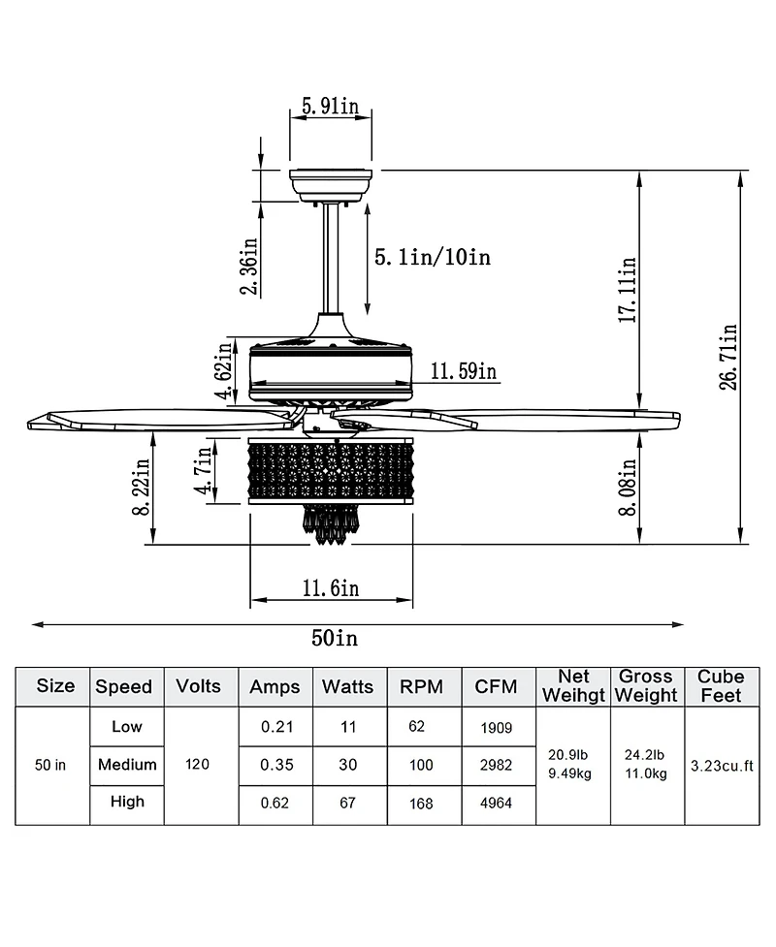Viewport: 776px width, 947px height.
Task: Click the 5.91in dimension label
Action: coord(331,107)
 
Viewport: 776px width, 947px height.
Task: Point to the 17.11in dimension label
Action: coord(628,288)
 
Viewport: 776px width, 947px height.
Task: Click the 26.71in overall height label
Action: coord(728,356)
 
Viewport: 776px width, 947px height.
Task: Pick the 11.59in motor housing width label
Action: coord(464,370)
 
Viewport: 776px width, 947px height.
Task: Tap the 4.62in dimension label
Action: coord(226,369)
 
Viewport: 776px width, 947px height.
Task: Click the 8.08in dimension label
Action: coord(628,488)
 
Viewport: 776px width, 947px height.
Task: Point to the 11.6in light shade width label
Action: coord(331,587)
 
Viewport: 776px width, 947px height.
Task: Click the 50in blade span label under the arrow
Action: coord(335,638)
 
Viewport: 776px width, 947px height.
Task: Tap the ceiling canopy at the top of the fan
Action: coord(331,184)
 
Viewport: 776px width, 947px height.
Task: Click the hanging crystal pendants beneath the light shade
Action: coord(331,524)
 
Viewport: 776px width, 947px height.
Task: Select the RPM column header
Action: coord(422,686)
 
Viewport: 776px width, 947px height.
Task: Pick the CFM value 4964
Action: coord(495,804)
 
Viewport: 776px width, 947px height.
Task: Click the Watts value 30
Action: coord(347,765)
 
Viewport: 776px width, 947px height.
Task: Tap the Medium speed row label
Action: coord(127,765)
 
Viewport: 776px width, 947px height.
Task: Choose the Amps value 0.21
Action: coord(276,727)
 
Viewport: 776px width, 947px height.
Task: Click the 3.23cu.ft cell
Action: coord(722,766)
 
